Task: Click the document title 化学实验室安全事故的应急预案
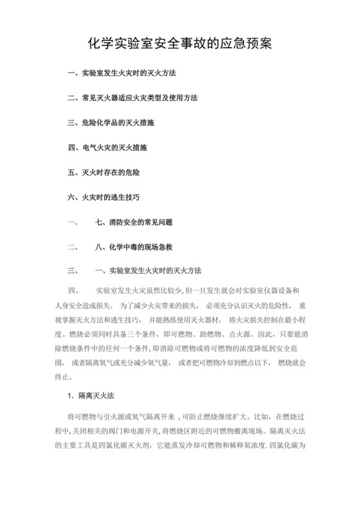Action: coord(180,44)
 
